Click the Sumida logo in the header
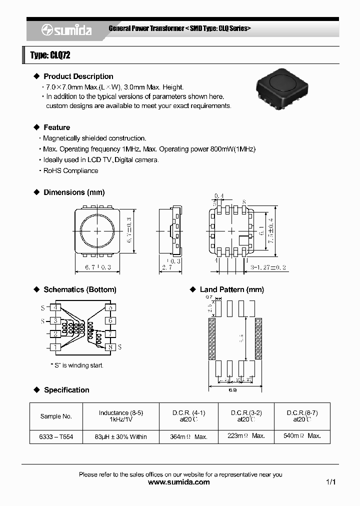pos(66,30)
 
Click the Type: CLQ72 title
pos(50,55)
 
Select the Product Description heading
pos(78,76)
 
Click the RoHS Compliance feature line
pos(70,170)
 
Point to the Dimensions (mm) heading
pos(74,192)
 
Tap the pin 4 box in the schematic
pos(55,307)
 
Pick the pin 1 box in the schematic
pos(55,346)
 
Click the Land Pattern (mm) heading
pos(231,289)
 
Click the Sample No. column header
pos(56,416)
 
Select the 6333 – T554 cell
pos(56,436)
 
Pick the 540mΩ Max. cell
pos(302,436)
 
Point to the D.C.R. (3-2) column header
pos(246,416)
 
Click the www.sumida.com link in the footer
pos(179,482)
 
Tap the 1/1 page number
pos(330,482)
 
